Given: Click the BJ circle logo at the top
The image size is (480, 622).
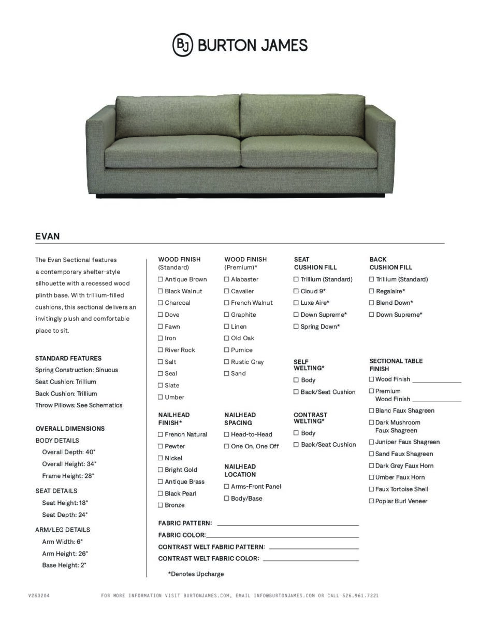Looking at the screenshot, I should pyautogui.click(x=182, y=45).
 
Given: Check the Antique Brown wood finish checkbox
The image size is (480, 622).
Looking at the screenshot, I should pyautogui.click(x=161, y=279).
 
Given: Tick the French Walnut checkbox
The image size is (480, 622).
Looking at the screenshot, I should pyautogui.click(x=227, y=303).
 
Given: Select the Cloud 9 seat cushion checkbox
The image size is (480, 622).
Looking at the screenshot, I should pyautogui.click(x=296, y=291).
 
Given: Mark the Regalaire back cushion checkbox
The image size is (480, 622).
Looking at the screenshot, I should pyautogui.click(x=371, y=291).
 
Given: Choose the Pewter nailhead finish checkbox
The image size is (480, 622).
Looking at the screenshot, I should pyautogui.click(x=161, y=446).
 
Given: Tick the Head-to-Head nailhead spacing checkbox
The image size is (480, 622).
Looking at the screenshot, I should pyautogui.click(x=227, y=434).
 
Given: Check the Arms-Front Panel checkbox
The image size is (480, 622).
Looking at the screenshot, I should pyautogui.click(x=227, y=487).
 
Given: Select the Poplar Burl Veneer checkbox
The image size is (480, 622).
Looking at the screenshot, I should pyautogui.click(x=371, y=501).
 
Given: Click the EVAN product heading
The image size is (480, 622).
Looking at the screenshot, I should pyautogui.click(x=48, y=236).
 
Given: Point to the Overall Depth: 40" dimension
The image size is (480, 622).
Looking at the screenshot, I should pyautogui.click(x=69, y=452).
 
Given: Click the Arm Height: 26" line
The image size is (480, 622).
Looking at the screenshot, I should pyautogui.click(x=65, y=554).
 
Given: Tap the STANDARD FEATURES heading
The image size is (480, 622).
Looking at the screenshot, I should pyautogui.click(x=68, y=358).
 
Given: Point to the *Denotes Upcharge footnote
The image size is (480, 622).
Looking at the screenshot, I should pyautogui.click(x=196, y=574).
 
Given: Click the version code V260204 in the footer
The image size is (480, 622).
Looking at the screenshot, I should pyautogui.click(x=39, y=596).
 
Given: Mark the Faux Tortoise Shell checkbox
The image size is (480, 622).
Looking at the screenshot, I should pyautogui.click(x=371, y=489).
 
